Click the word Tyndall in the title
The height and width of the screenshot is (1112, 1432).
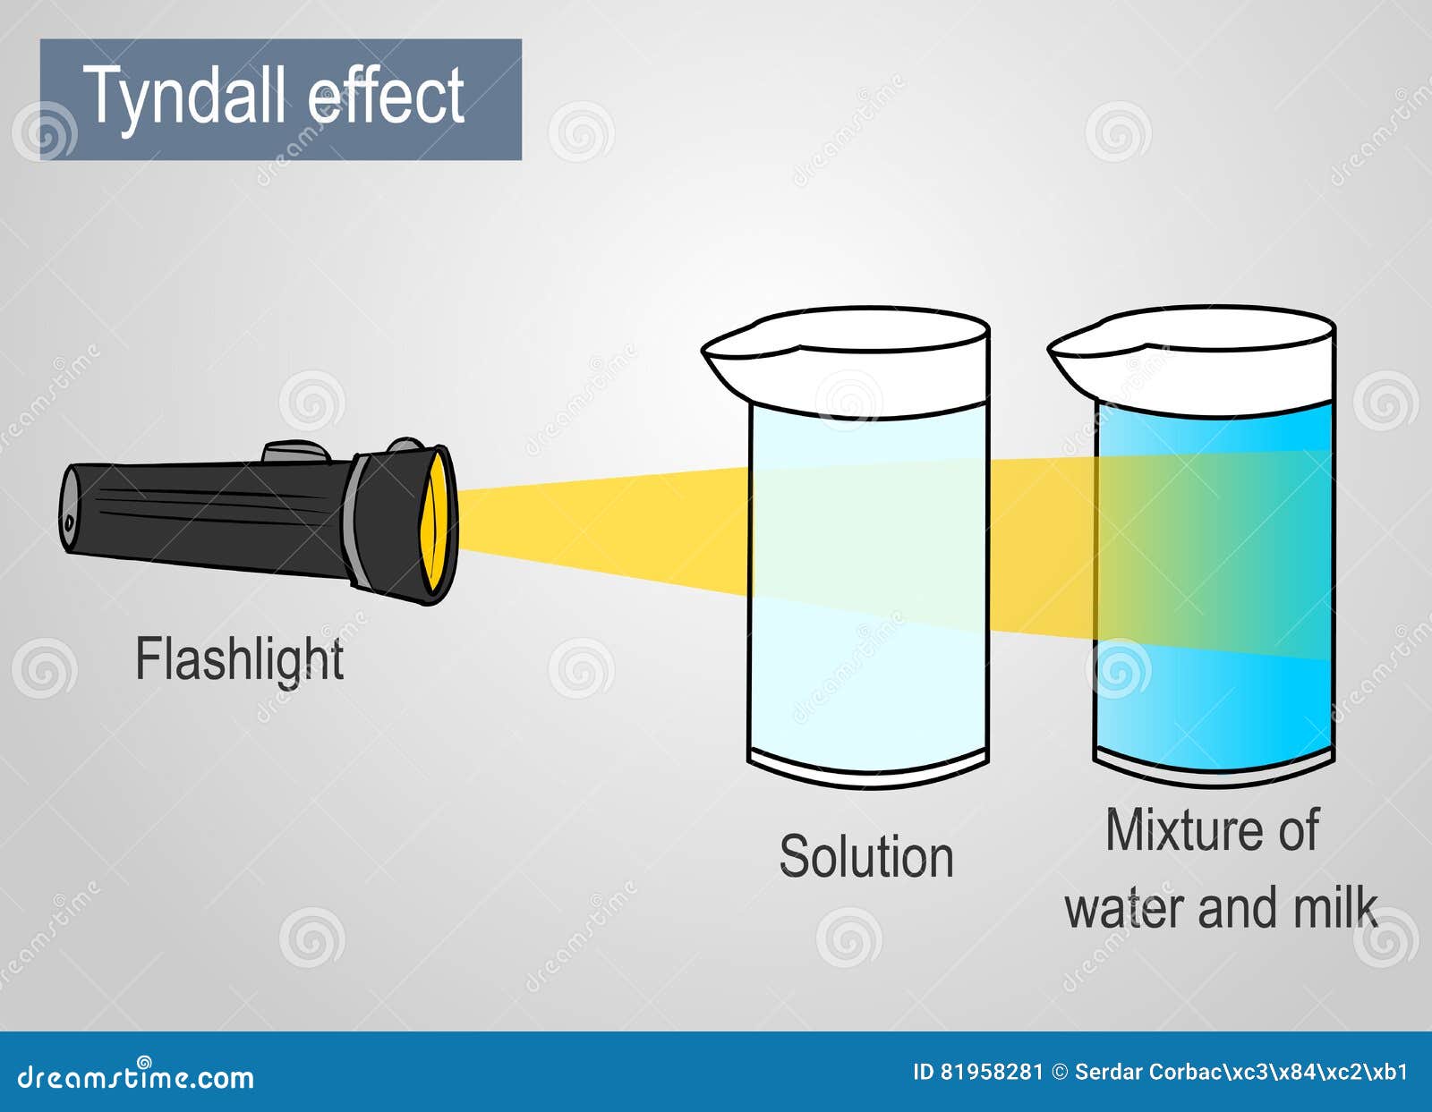coord(186,98)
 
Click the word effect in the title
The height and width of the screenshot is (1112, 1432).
coord(386,95)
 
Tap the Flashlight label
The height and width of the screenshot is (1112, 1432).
coord(239,660)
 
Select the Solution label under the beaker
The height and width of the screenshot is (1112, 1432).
coord(866,856)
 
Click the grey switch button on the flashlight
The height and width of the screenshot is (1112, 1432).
coord(296,453)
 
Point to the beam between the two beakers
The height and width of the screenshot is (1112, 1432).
coord(1041,547)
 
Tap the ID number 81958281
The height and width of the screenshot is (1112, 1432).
coord(991,1072)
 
